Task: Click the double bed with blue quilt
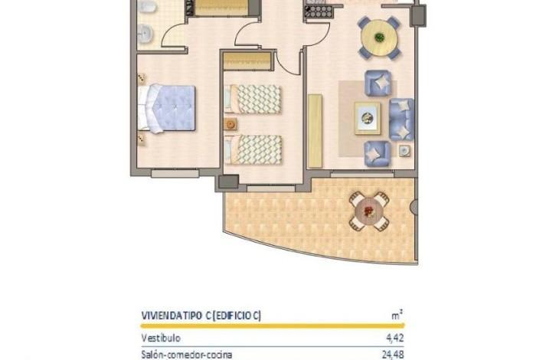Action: point(166,108)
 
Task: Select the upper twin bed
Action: point(253,99)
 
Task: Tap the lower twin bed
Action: point(253,149)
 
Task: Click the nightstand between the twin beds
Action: point(231,124)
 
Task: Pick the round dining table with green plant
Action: point(379,38)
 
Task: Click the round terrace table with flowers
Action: point(369,211)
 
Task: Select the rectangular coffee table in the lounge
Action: point(368,119)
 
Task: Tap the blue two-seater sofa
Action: point(402,119)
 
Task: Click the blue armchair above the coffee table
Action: point(378,83)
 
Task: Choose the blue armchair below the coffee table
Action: point(378,154)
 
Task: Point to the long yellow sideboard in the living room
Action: point(316,131)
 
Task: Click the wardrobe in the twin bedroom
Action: point(247,61)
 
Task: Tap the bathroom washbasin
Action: point(145,34)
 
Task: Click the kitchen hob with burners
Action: point(319,12)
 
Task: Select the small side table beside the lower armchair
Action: point(404,151)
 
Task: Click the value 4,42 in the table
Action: point(395,338)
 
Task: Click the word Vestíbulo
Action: point(161,338)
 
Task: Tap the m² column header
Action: point(397,315)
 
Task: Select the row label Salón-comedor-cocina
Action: point(187,355)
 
